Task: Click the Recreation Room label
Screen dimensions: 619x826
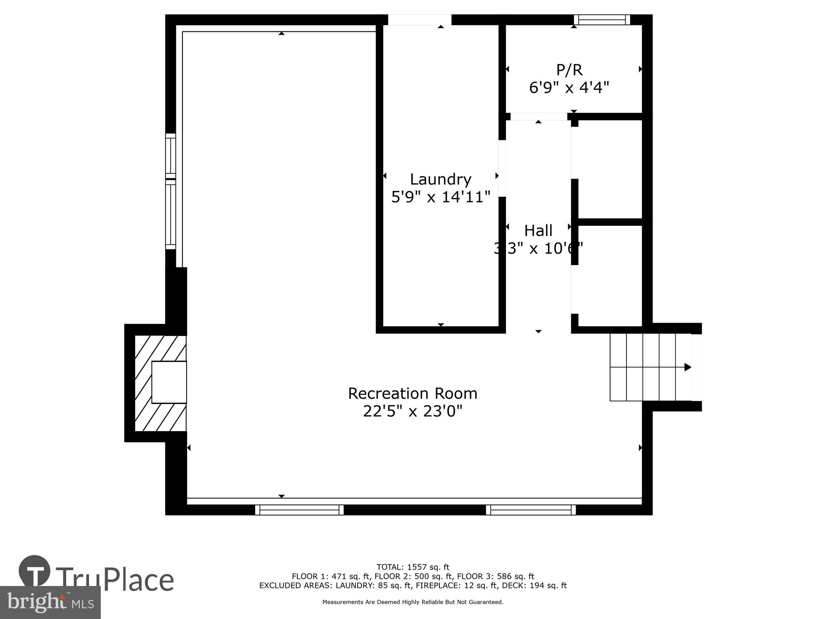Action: coord(413,393)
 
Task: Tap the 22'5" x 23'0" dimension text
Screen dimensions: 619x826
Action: coord(413,411)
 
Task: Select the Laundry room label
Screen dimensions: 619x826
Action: coord(440,180)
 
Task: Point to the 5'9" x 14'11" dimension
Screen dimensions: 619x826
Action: coord(440,197)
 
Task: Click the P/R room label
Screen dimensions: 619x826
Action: coord(569,70)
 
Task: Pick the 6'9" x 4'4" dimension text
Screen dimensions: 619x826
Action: coord(569,88)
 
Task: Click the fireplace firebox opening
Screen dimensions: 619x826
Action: coord(169,382)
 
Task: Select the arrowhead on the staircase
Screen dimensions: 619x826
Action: coord(687,367)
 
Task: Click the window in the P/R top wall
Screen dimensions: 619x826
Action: coord(602,19)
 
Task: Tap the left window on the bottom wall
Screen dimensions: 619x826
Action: coord(299,510)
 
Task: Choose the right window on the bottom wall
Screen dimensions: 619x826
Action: coord(531,510)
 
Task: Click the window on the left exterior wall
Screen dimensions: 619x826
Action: coord(171,191)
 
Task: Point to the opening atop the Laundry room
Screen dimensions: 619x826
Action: coord(419,19)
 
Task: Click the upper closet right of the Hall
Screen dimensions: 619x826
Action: coord(609,169)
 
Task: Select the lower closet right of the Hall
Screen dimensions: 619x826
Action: coord(609,276)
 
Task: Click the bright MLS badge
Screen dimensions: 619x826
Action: coord(50,602)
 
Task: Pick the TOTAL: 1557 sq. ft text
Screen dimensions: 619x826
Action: coord(413,567)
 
